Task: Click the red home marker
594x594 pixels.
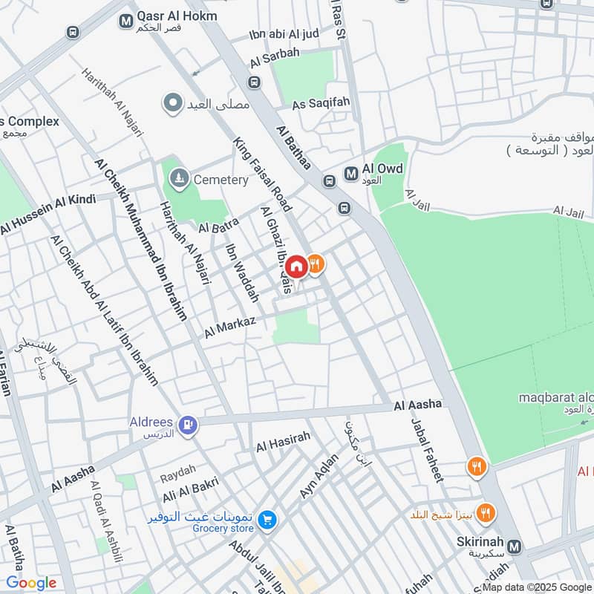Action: coord(296,267)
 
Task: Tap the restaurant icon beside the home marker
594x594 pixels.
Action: coord(316,264)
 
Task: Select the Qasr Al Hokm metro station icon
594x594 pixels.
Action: coord(125,21)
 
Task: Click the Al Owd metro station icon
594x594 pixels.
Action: coord(350,174)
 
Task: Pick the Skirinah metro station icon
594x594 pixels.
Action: coord(515,546)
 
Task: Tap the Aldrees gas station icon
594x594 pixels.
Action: coord(189,425)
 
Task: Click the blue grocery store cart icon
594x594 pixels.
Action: coord(268,520)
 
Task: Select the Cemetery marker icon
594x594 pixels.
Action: coord(179,179)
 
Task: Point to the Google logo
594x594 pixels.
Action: coord(30,583)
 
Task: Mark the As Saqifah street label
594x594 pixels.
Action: coord(321,105)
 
